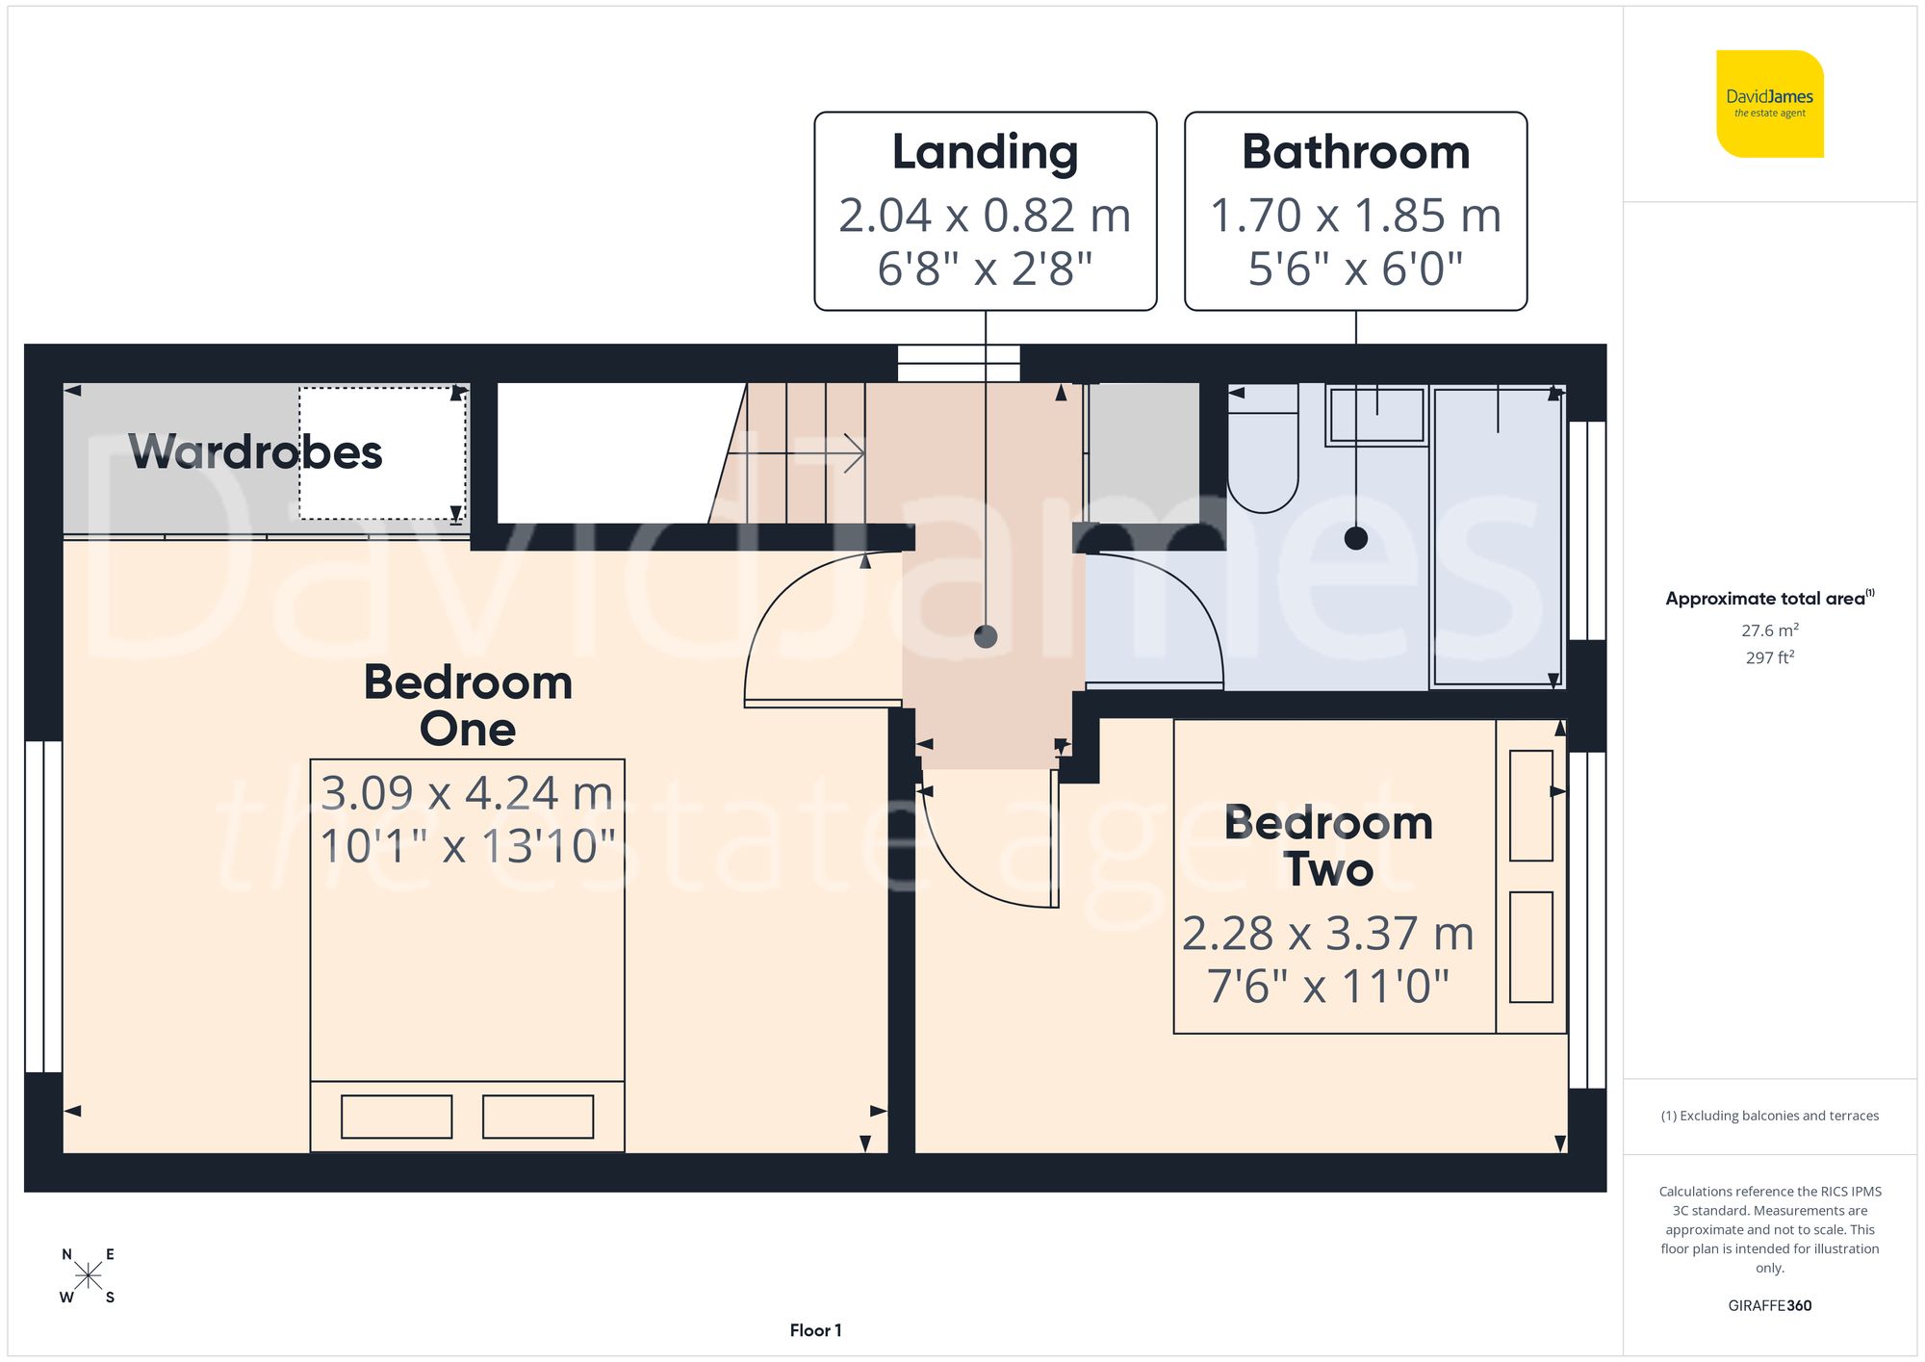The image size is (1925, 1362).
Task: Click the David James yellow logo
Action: tap(1769, 104)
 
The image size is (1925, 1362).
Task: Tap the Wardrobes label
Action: tap(255, 451)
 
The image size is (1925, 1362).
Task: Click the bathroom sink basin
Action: tap(1376, 415)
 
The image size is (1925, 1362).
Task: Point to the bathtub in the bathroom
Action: tap(1497, 535)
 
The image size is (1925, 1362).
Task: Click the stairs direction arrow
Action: tap(851, 452)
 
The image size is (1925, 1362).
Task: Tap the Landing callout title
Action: tap(985, 152)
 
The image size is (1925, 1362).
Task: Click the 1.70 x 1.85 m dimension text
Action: tap(1355, 216)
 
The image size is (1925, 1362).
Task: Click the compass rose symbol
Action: tap(88, 1276)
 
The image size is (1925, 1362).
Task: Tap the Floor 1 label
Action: tap(815, 1330)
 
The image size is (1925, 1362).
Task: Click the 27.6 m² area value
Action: tap(1769, 630)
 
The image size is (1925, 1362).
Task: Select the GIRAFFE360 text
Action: tap(1769, 1306)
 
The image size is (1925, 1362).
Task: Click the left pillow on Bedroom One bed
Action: tap(397, 1117)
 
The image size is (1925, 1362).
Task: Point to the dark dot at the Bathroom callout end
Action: tap(1355, 538)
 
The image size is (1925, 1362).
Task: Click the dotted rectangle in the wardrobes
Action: tap(382, 453)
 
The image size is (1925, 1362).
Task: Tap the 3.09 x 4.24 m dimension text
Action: tap(467, 794)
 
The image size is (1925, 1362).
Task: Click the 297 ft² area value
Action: tap(1769, 657)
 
